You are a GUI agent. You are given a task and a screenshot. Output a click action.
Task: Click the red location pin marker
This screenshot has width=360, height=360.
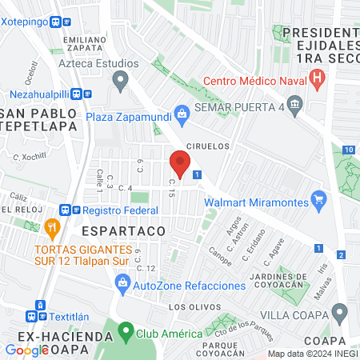point(179,165)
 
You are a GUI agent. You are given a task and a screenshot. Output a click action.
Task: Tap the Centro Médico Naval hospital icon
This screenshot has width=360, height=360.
point(318,78)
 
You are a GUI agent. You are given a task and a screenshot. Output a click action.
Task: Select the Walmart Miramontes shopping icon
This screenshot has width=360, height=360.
point(319,198)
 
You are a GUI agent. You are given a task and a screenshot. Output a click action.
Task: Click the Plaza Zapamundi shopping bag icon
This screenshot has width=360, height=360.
point(182,114)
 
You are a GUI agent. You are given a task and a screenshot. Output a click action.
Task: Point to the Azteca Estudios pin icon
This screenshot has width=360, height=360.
point(121,79)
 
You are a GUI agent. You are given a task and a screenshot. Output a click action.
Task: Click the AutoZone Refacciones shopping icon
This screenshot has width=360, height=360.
point(122,282)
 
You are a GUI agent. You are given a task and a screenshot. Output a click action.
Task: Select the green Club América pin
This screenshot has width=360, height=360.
point(125,330)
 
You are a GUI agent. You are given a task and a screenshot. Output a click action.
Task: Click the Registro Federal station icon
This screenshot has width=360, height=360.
point(76,210)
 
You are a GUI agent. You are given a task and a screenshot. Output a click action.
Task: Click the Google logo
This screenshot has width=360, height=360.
point(27,350)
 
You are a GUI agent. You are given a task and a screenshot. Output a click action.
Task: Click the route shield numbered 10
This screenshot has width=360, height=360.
point(349,150)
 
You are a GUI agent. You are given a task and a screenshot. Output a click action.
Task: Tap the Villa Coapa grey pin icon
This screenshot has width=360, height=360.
point(340,310)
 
